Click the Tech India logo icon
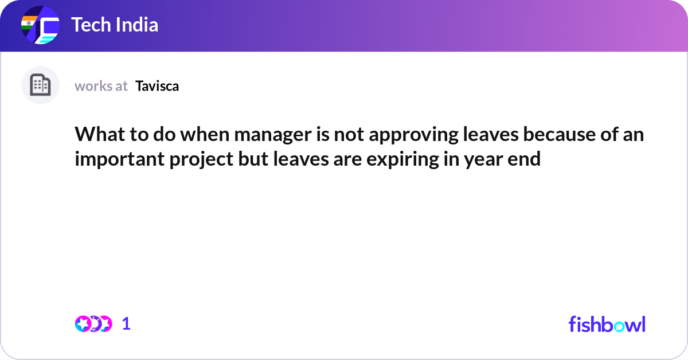click(40, 26)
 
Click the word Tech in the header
click(91, 25)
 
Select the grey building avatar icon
click(40, 85)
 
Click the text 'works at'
click(101, 86)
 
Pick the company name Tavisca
click(157, 86)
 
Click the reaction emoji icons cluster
click(93, 324)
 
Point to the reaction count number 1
click(126, 324)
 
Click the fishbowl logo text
click(607, 324)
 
